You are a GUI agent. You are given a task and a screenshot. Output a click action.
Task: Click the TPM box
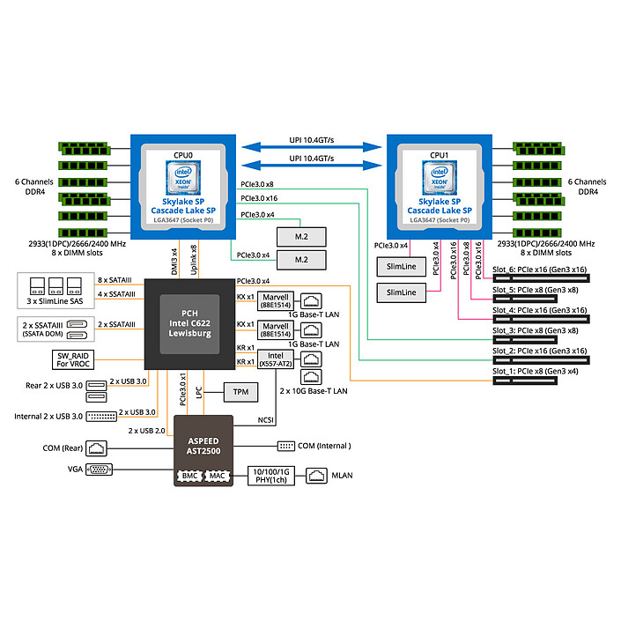[240, 390]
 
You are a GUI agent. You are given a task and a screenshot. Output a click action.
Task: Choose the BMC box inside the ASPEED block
[189, 477]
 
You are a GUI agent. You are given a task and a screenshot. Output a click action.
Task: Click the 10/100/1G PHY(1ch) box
[272, 476]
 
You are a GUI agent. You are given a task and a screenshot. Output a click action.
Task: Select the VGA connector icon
[100, 469]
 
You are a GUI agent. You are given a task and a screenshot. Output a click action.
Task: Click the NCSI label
[268, 420]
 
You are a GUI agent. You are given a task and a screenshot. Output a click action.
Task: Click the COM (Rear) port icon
[100, 448]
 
